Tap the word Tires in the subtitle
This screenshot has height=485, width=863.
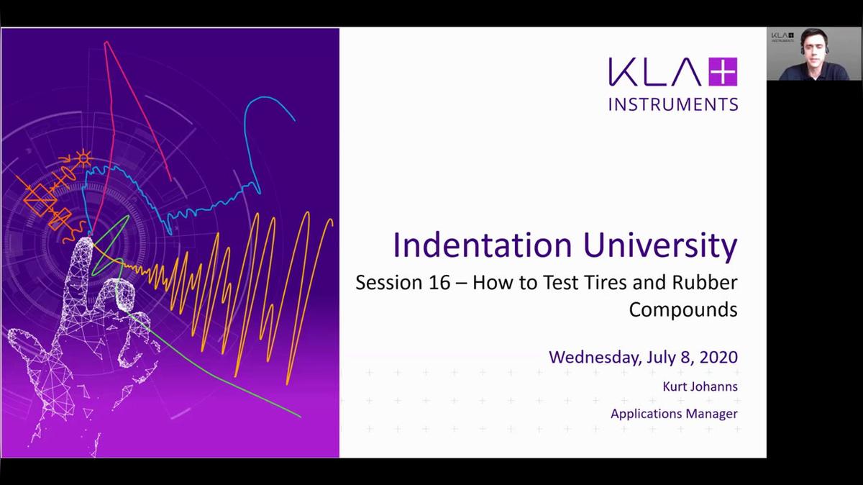point(593,282)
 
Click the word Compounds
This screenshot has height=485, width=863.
point(682,309)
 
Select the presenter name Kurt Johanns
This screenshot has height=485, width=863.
point(700,386)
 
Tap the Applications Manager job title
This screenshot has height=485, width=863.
point(674,414)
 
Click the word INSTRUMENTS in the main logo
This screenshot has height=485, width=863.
point(673,104)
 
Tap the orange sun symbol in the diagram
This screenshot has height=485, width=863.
point(84,156)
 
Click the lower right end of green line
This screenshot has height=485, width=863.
point(298,415)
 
